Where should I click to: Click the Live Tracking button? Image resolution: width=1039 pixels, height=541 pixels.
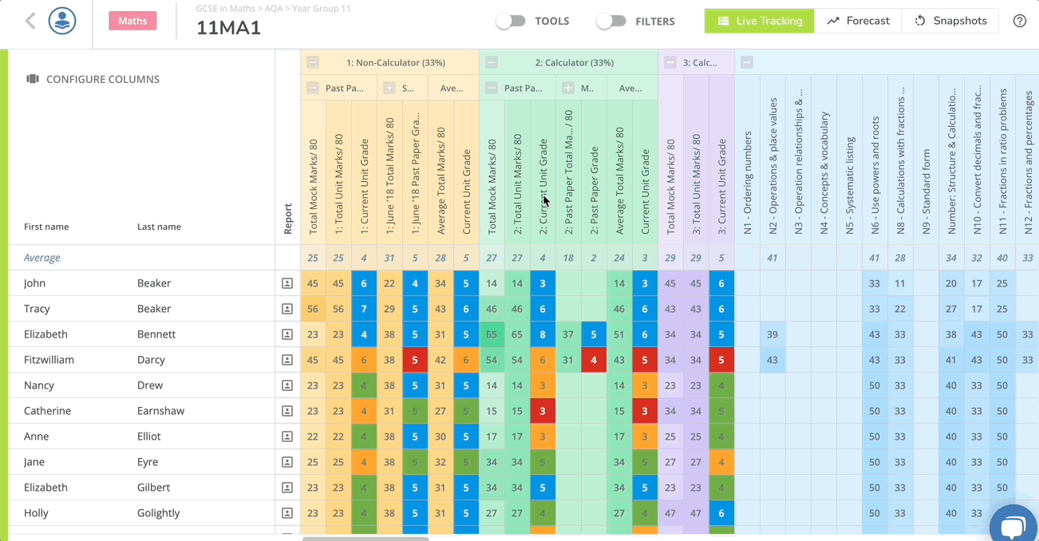pyautogui.click(x=759, y=21)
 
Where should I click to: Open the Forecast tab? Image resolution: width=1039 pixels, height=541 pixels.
pyautogui.click(x=858, y=21)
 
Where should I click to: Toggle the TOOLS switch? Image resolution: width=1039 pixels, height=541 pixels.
pyautogui.click(x=511, y=22)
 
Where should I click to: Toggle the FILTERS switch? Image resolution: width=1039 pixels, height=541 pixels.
pyautogui.click(x=611, y=22)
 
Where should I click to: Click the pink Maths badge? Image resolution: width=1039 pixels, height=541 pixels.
pyautogui.click(x=132, y=21)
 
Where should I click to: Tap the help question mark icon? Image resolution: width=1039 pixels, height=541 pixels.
pyautogui.click(x=1019, y=21)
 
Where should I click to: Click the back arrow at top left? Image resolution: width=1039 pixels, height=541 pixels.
pyautogui.click(x=30, y=21)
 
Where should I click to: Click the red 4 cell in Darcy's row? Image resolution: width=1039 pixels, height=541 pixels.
pyautogui.click(x=594, y=360)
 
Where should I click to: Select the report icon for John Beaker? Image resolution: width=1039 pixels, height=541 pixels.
pyautogui.click(x=287, y=283)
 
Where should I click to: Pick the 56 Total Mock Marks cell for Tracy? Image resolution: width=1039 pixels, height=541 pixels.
pyautogui.click(x=313, y=309)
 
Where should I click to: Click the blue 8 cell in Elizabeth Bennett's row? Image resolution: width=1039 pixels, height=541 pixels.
pyautogui.click(x=543, y=334)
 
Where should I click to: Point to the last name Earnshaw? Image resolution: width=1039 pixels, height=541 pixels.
pyautogui.click(x=160, y=411)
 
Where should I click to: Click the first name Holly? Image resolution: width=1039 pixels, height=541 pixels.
pyautogui.click(x=37, y=513)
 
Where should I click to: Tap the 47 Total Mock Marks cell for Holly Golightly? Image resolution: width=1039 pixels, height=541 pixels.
pyautogui.click(x=670, y=513)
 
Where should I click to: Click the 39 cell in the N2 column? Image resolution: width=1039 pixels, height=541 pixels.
pyautogui.click(x=772, y=334)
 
